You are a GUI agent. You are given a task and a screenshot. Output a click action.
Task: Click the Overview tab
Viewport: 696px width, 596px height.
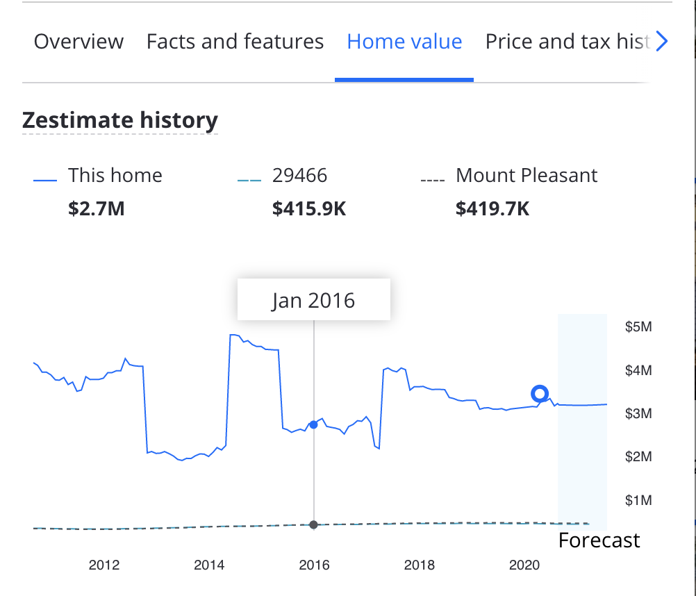[x=78, y=42]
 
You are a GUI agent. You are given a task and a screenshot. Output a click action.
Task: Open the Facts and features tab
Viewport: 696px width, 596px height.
[x=235, y=42]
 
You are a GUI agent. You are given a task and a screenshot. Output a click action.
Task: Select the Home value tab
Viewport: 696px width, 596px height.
[x=404, y=42]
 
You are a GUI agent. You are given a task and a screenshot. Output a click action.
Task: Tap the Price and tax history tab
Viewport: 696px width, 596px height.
[x=567, y=42]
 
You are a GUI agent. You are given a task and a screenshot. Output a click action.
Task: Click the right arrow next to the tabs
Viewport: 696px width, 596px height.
[x=661, y=42]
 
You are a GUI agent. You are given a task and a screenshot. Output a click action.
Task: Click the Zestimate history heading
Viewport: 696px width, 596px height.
[x=120, y=120]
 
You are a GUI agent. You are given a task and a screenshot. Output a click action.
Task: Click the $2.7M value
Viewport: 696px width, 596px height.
[x=97, y=208]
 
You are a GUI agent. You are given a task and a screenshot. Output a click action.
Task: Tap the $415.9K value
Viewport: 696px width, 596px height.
[x=309, y=208]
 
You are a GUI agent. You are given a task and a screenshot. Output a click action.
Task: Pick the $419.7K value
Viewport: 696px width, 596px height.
[x=492, y=208]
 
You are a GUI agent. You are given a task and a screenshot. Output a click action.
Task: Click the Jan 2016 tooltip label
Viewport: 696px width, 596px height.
[x=313, y=300]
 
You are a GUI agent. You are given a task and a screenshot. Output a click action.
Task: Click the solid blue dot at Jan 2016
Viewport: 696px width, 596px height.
[x=313, y=424]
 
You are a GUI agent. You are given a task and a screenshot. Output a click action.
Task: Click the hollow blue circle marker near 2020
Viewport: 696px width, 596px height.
[x=540, y=394]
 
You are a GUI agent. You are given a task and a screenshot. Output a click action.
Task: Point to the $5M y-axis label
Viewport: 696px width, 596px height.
[x=638, y=327]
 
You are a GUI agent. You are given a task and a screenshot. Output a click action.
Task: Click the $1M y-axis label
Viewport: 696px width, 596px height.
[x=638, y=500]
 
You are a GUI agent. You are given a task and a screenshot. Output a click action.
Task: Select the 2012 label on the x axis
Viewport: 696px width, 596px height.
[x=104, y=565]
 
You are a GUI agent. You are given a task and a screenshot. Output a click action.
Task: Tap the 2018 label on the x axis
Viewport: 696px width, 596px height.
[x=419, y=565]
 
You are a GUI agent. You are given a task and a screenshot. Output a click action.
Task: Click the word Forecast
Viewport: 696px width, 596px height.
[x=599, y=540]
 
